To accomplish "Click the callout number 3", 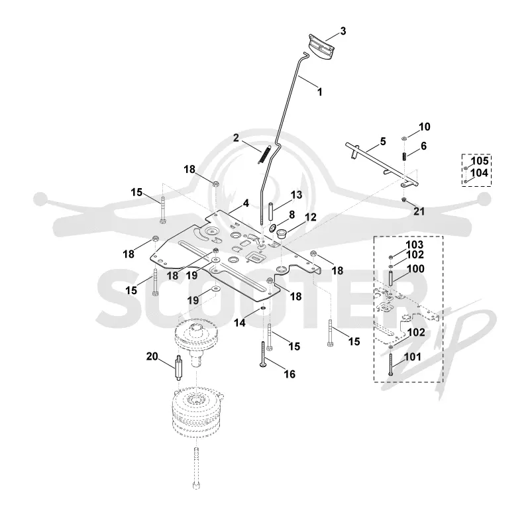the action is (x=343, y=31).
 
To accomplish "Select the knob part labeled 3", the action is (x=321, y=46).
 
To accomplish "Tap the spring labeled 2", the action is (x=264, y=155).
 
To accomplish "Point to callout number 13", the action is (x=296, y=195).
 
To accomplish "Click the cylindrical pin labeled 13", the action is (x=271, y=211).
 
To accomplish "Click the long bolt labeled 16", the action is (x=263, y=354).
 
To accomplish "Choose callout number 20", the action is (x=152, y=356).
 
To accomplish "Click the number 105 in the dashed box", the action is (x=480, y=161).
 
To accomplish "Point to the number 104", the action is (x=480, y=173).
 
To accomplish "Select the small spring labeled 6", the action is (x=404, y=157).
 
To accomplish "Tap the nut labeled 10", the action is (x=404, y=138).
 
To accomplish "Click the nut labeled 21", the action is (x=404, y=200).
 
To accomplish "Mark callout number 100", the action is (x=415, y=269).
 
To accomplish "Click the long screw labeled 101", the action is (x=391, y=362).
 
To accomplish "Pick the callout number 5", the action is (x=383, y=141).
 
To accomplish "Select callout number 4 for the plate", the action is (x=246, y=203).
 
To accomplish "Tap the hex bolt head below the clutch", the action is (x=196, y=486).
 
